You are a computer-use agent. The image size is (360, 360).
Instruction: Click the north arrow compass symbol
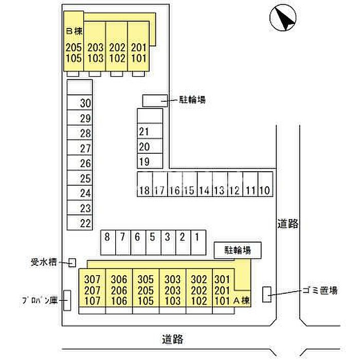(x=283, y=17)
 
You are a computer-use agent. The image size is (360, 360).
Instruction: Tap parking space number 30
(x=79, y=102)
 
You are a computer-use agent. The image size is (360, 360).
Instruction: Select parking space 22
(x=79, y=223)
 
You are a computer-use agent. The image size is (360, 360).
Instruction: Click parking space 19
(x=150, y=161)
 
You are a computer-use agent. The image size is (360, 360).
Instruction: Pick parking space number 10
(x=265, y=184)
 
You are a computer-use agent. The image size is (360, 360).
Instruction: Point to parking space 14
(x=205, y=184)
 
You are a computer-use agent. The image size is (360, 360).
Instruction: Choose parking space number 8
(x=108, y=242)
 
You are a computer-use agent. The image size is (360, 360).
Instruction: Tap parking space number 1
(x=198, y=242)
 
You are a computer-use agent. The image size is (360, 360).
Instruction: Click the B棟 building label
(x=74, y=31)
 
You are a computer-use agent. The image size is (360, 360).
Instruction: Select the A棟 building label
(x=241, y=300)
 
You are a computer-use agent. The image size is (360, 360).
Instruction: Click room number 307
(x=92, y=279)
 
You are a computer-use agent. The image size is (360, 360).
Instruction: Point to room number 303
(x=172, y=279)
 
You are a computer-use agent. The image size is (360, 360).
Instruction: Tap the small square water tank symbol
(x=72, y=263)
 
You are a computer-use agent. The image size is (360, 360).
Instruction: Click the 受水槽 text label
(x=44, y=262)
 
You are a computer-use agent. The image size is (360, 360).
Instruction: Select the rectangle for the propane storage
(x=67, y=300)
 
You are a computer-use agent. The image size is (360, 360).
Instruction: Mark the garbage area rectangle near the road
(x=267, y=294)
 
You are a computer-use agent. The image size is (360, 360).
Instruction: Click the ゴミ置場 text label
(x=320, y=291)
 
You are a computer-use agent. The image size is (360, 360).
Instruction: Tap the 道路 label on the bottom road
(x=172, y=339)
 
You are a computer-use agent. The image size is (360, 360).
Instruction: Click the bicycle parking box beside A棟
(x=238, y=250)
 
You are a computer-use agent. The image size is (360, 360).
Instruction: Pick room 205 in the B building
(x=74, y=47)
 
